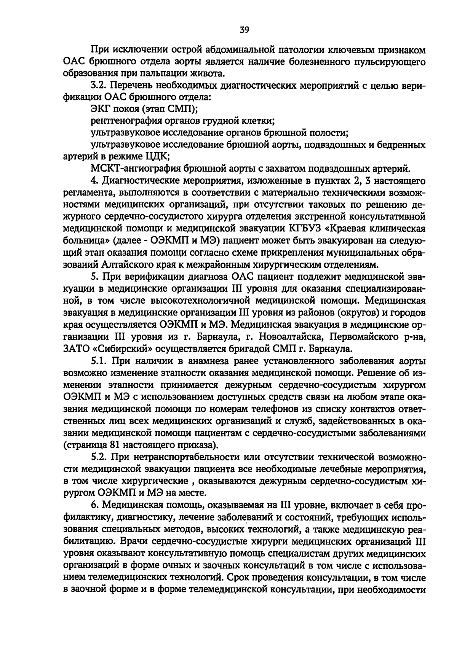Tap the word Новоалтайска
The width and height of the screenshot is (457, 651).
[291, 337]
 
